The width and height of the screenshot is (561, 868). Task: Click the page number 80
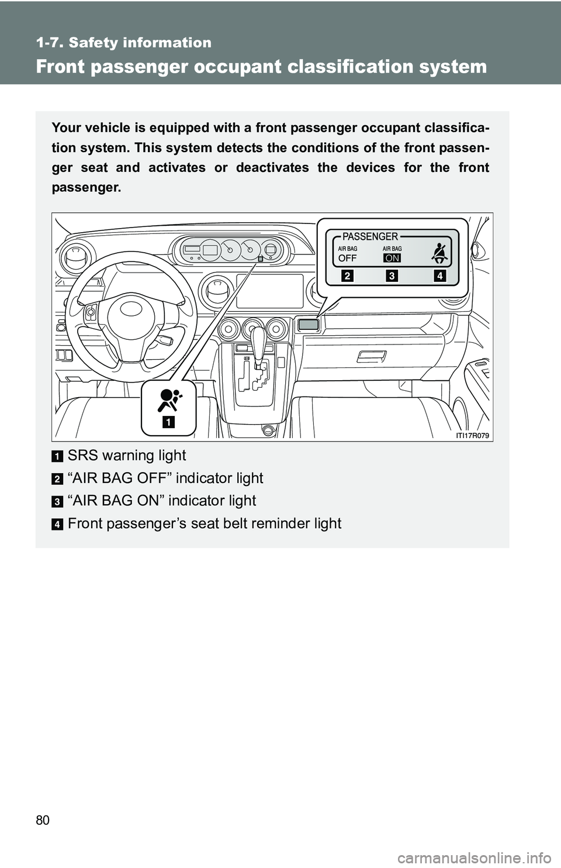click(43, 820)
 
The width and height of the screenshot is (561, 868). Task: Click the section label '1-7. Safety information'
click(124, 43)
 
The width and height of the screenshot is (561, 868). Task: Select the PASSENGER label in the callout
click(370, 236)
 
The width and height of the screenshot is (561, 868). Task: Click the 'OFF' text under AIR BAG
click(347, 258)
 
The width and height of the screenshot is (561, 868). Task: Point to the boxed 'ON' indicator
click(392, 258)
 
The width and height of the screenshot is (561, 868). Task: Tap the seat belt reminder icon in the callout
click(440, 253)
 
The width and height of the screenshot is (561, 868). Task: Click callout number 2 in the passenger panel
click(347, 275)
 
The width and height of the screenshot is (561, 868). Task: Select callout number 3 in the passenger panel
click(392, 275)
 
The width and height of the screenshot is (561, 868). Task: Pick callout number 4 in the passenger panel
click(440, 275)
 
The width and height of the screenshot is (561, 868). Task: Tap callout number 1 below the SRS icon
click(168, 422)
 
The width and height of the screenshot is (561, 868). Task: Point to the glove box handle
click(371, 356)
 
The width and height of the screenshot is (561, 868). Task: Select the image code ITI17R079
click(472, 435)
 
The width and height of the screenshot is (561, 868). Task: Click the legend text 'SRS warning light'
click(127, 456)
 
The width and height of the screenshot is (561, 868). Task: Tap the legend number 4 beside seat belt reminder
click(57, 525)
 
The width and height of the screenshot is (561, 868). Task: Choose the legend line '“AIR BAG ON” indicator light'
click(162, 501)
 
